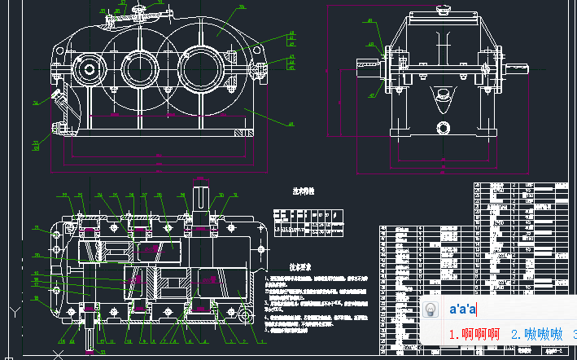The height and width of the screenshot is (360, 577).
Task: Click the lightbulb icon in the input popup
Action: click(431, 310)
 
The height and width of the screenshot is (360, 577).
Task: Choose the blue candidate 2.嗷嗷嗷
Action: click(537, 334)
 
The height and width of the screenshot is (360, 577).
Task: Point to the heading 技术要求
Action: click(302, 266)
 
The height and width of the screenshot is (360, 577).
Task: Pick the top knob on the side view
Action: click(443, 10)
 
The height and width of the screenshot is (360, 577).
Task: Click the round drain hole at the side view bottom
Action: click(442, 127)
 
